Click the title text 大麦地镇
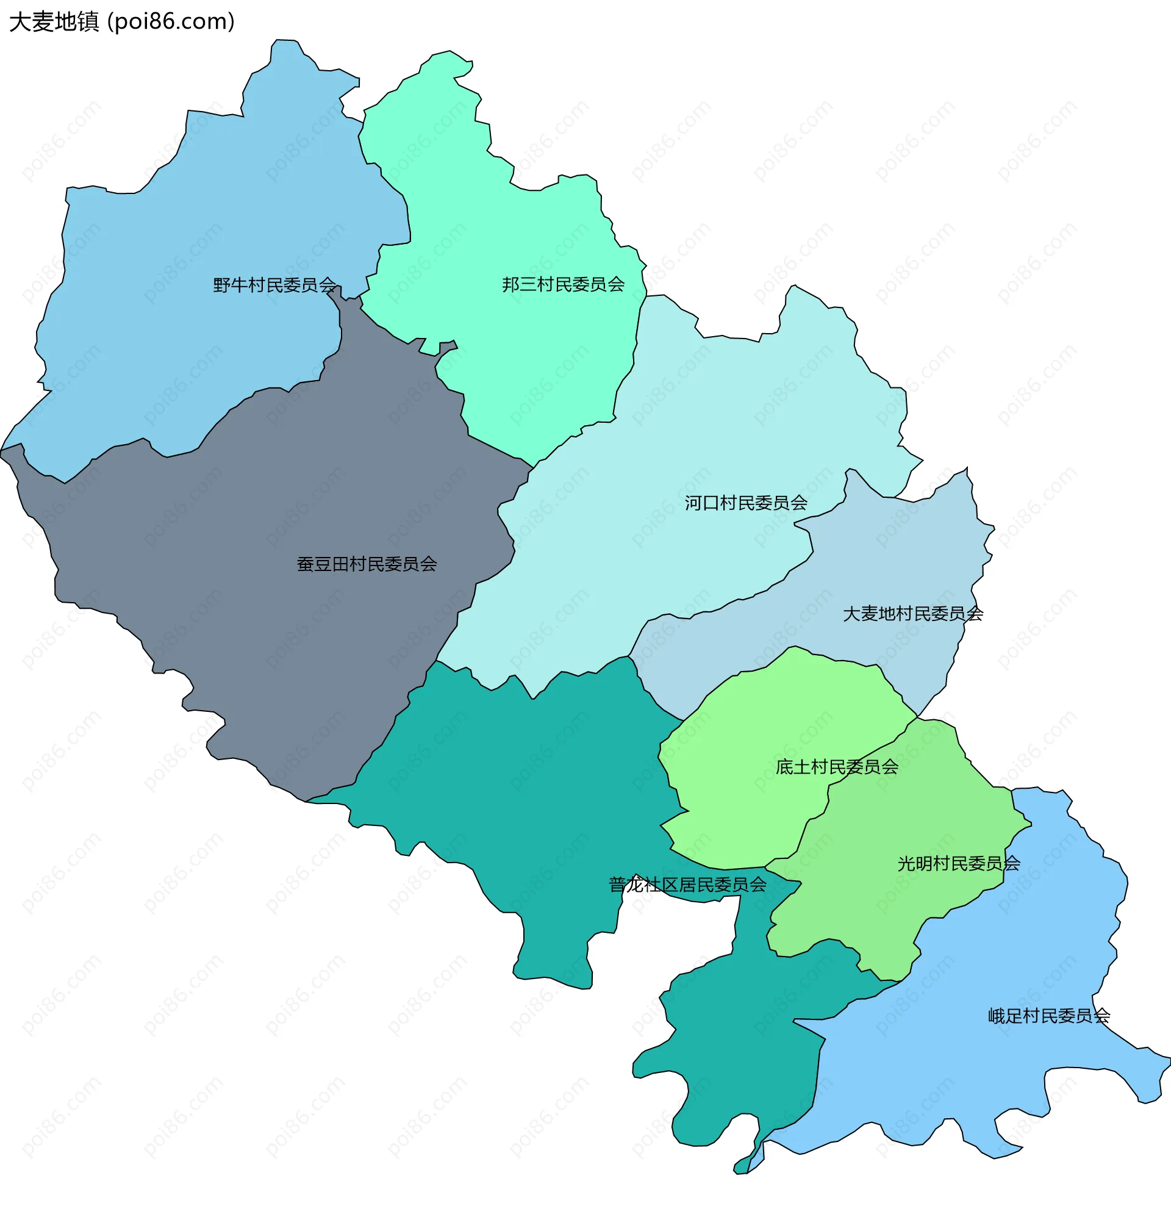click(x=54, y=22)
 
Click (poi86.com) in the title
click(x=171, y=22)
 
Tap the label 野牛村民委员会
click(x=274, y=285)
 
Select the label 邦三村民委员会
click(x=563, y=284)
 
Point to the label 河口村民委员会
click(x=745, y=503)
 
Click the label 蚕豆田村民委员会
click(x=367, y=564)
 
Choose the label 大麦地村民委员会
click(x=913, y=614)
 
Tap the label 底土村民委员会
click(x=837, y=767)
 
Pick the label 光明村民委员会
click(x=959, y=863)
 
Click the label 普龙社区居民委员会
click(x=687, y=885)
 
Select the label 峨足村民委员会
click(x=1049, y=1016)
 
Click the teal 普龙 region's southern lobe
click(x=743, y=1053)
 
